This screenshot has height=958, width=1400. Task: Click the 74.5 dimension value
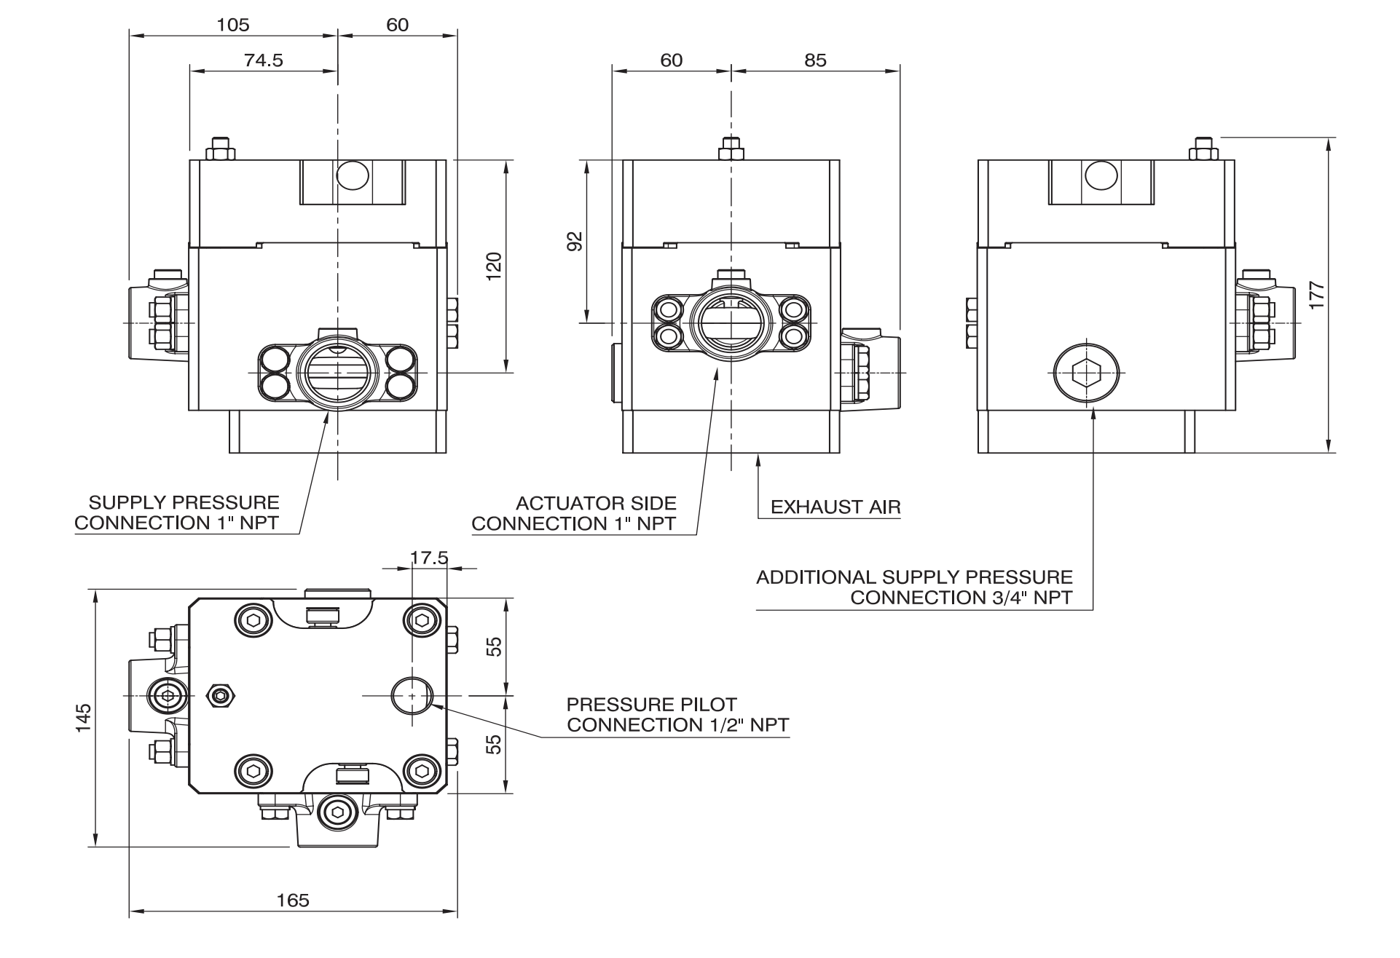click(263, 60)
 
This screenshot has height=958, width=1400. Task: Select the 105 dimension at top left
click(233, 25)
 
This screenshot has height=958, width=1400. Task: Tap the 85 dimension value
click(816, 60)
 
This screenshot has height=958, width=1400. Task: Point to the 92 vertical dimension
click(575, 241)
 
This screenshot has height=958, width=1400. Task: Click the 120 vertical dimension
click(494, 266)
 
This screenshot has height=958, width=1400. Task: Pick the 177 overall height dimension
click(1317, 295)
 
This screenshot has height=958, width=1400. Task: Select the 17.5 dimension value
click(429, 558)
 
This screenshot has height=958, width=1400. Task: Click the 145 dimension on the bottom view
click(84, 718)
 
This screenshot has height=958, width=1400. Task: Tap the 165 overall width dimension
click(293, 900)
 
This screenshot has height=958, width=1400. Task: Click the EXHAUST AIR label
click(835, 507)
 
